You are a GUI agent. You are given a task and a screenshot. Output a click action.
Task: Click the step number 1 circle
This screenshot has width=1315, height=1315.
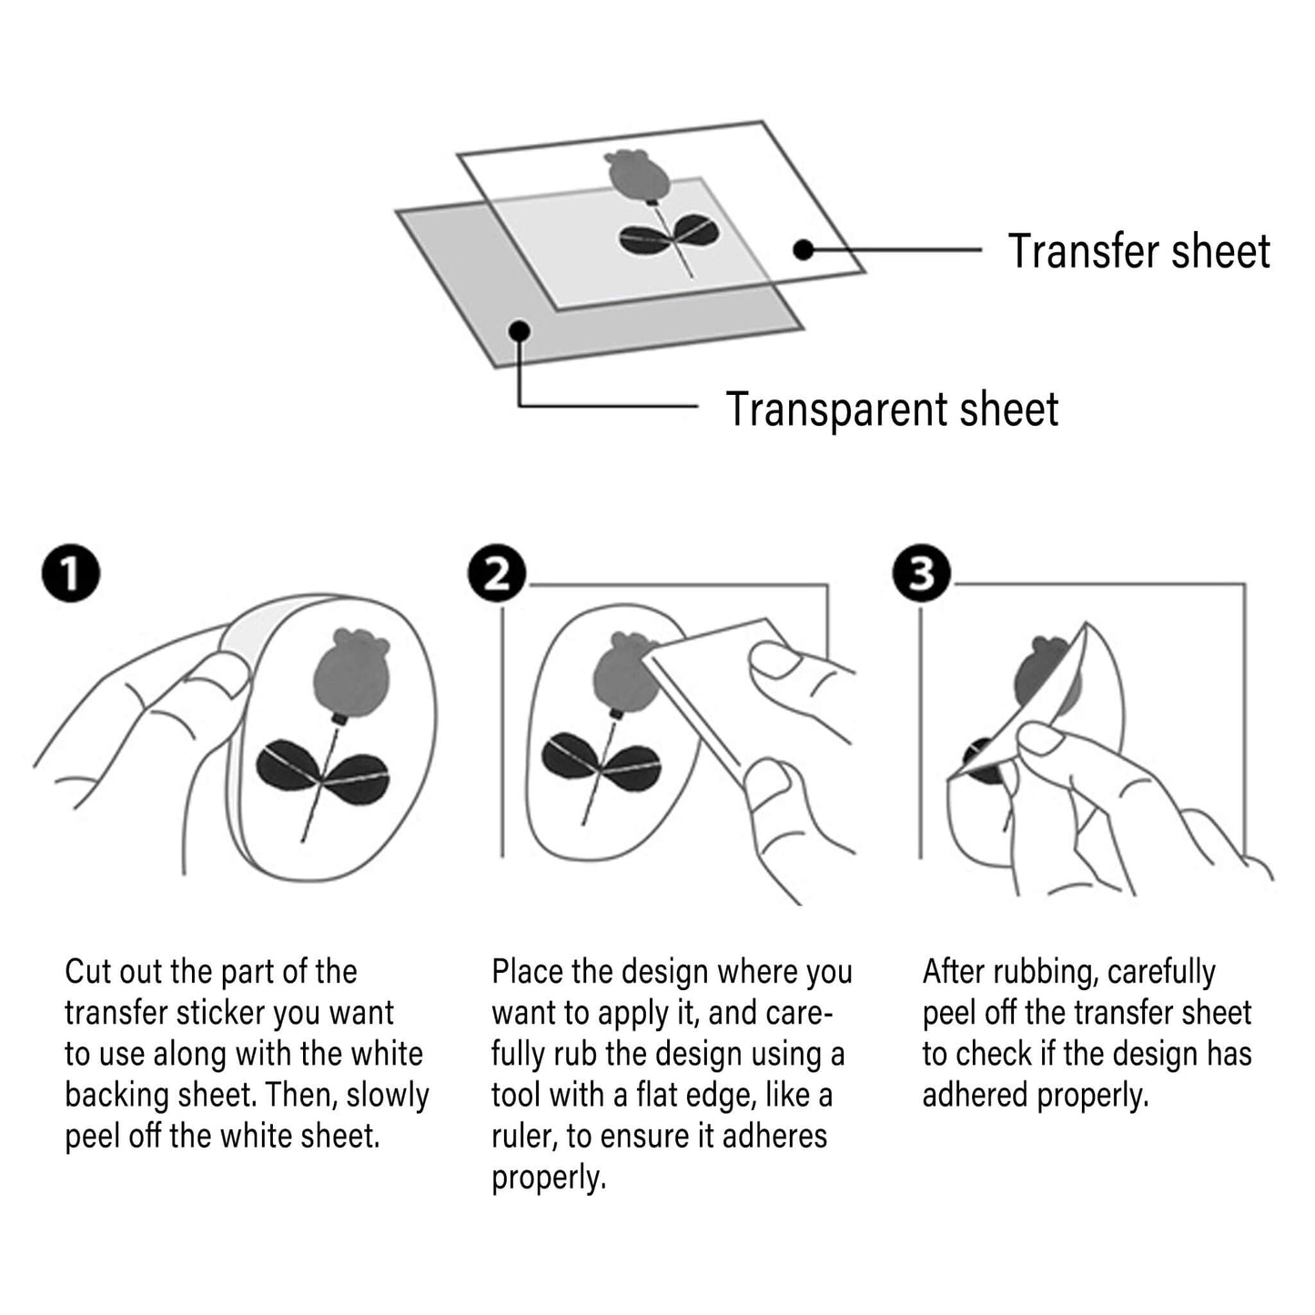click(71, 573)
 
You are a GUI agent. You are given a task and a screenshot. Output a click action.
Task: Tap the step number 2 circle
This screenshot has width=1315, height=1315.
click(496, 573)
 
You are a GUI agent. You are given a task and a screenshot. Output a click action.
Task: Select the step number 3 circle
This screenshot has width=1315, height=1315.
click(922, 573)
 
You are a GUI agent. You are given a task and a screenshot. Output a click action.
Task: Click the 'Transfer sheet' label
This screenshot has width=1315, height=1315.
click(1138, 251)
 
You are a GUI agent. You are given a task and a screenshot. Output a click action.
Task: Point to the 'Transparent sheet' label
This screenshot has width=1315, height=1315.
click(892, 410)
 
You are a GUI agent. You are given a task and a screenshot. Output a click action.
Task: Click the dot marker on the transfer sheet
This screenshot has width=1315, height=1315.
click(803, 249)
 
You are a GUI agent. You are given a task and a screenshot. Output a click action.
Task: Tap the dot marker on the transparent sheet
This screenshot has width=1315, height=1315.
click(520, 330)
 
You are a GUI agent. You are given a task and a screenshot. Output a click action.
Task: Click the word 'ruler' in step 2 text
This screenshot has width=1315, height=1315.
click(522, 1137)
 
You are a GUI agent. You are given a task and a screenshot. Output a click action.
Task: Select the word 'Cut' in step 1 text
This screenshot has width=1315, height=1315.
click(87, 972)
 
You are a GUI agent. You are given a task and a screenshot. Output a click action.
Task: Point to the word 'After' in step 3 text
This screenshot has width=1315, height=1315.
click(953, 972)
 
